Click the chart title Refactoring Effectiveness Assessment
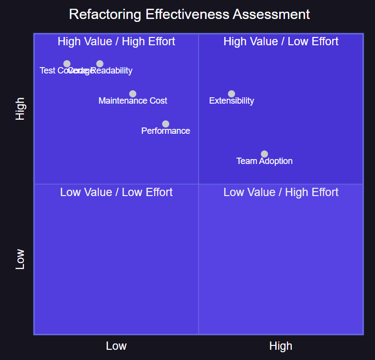click(189, 14)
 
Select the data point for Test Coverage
click(67, 64)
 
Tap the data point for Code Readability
click(100, 64)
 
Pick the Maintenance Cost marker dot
click(133, 94)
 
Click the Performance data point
click(166, 124)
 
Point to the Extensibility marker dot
click(232, 94)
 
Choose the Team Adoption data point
click(265, 154)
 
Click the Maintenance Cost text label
click(133, 101)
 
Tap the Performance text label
click(166, 131)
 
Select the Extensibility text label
click(232, 101)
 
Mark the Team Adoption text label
click(265, 162)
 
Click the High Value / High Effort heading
click(116, 42)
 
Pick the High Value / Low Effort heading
click(281, 42)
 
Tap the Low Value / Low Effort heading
click(116, 193)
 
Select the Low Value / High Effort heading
click(281, 193)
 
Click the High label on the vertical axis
click(20, 109)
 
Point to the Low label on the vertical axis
click(20, 260)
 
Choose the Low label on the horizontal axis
click(116, 346)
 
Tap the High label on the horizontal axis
click(281, 346)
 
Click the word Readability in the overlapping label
click(113, 71)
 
